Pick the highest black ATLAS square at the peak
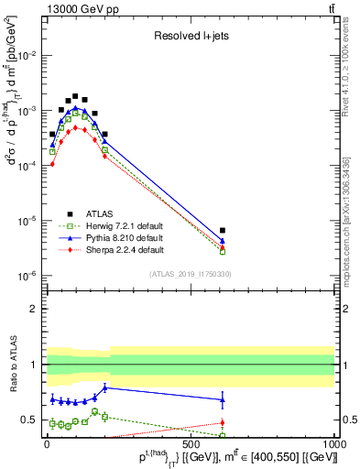75,95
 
